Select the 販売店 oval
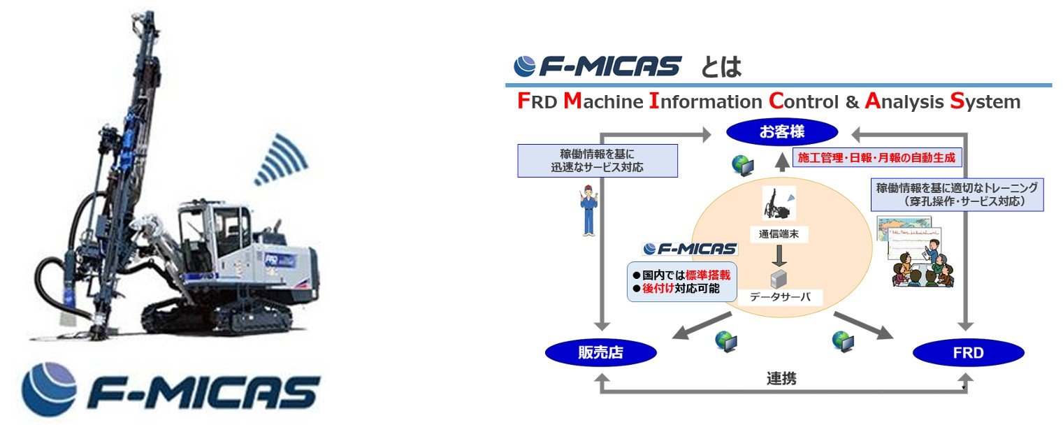click(x=600, y=353)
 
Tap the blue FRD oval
click(x=968, y=353)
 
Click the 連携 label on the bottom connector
click(x=781, y=380)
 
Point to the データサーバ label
click(x=781, y=296)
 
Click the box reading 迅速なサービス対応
click(x=598, y=160)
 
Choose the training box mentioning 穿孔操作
click(x=957, y=194)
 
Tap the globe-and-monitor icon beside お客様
click(x=743, y=165)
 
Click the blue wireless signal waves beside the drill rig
click(x=281, y=160)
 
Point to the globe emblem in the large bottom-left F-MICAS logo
click(x=49, y=388)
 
